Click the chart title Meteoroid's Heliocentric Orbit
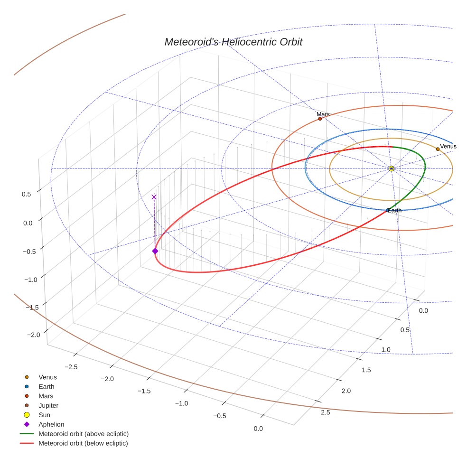tap(233, 42)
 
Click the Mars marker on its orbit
tap(320, 119)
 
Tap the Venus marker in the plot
tap(438, 149)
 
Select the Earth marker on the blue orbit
tap(388, 210)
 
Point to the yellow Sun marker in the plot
tap(391, 168)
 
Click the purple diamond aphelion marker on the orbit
tap(155, 251)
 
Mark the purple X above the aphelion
tap(154, 197)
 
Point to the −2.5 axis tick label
tap(71, 367)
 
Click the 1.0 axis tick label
tap(386, 350)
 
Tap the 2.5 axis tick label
tap(326, 412)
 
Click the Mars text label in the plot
tap(323, 114)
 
